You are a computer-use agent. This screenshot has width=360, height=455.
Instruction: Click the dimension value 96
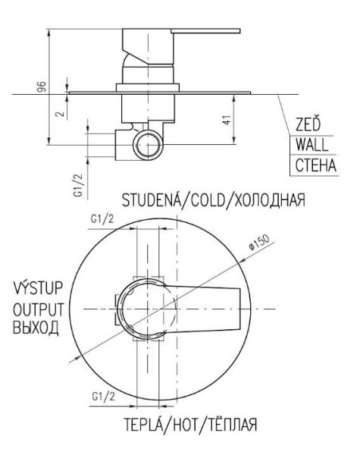tap(42, 86)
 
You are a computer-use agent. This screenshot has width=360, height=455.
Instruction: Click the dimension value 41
tap(227, 120)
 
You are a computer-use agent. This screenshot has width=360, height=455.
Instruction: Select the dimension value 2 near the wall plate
tap(61, 113)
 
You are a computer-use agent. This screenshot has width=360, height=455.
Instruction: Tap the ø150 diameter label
tap(259, 242)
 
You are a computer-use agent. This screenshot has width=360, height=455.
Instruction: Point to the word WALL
tap(311, 145)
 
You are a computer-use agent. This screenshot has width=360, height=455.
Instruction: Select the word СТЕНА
tap(315, 165)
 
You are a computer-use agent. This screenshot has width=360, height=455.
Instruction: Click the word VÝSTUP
tap(38, 287)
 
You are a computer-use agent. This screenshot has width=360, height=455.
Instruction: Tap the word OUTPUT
tap(39, 309)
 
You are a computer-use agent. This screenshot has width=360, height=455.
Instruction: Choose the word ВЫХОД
tap(36, 328)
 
